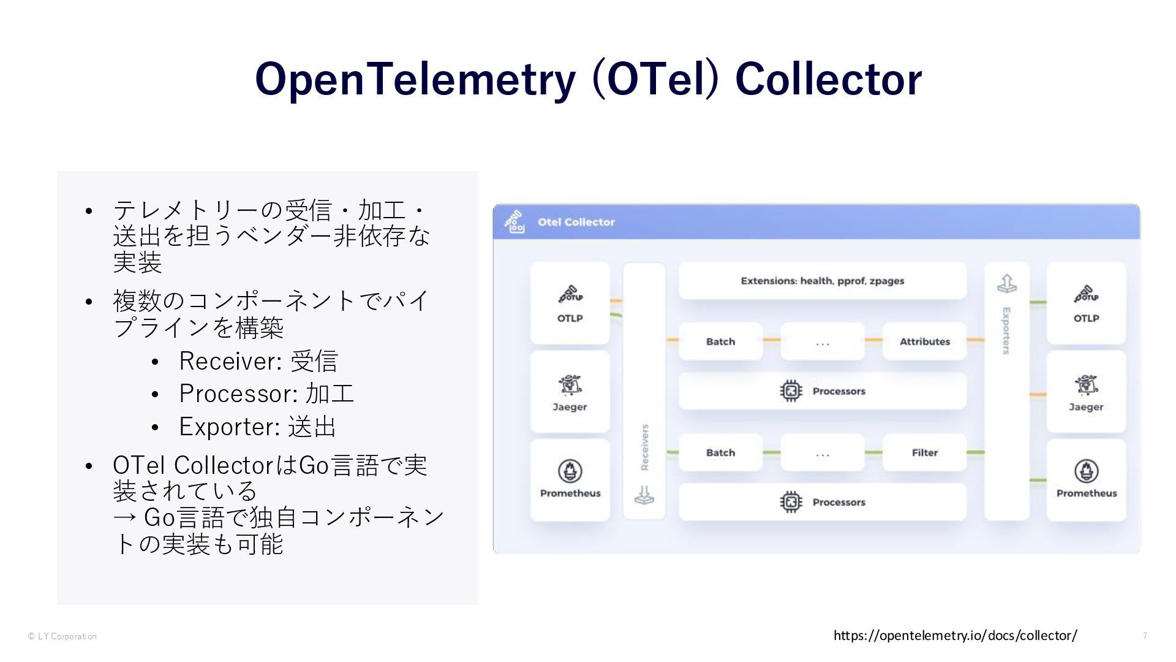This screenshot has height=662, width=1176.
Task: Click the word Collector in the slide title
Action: [x=828, y=80]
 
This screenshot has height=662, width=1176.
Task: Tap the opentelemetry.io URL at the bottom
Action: [x=955, y=636]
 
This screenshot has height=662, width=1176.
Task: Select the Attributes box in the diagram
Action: [x=924, y=341]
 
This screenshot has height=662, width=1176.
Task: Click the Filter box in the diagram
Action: [x=924, y=452]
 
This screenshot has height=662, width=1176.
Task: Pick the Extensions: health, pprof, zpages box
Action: [x=822, y=281]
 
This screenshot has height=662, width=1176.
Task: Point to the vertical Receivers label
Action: [x=644, y=447]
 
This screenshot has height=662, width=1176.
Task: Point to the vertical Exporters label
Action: [x=1006, y=331]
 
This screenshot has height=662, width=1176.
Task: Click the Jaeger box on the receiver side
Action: [x=570, y=392]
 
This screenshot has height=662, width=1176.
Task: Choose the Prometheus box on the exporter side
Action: [x=1086, y=480]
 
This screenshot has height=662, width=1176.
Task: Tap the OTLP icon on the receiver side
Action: [x=570, y=295]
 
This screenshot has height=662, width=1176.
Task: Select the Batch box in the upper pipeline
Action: [x=720, y=341]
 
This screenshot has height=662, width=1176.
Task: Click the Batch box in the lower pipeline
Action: [x=720, y=452]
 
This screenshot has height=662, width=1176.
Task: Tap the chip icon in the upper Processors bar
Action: [x=791, y=391]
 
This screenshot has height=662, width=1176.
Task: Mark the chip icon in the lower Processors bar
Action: [x=791, y=502]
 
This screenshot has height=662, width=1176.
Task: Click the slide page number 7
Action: [x=1145, y=636]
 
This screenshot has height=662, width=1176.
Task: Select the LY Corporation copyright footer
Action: [x=62, y=636]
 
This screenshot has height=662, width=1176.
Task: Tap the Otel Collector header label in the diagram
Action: [x=576, y=222]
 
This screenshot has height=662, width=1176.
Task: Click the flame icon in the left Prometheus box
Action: [x=570, y=471]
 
